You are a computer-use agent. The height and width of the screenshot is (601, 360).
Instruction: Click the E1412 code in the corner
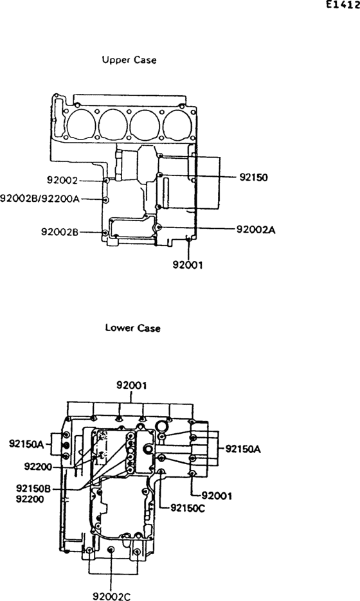coord(343,4)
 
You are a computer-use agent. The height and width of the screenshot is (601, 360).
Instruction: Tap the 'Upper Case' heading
coord(129,60)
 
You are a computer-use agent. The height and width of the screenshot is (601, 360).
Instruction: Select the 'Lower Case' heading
coord(132,328)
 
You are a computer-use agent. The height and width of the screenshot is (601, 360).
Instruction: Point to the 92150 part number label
coord(254,177)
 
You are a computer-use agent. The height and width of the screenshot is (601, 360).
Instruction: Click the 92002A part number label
coord(256,229)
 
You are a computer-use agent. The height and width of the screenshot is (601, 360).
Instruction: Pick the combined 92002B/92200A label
coord(40,199)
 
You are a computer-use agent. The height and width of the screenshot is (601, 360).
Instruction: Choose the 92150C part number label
coord(188,508)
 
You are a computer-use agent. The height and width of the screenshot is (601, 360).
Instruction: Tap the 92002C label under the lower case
coord(112,596)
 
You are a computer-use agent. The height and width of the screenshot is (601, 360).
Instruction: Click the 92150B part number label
coord(33,489)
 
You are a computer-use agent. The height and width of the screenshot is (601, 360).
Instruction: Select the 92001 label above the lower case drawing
coord(132,385)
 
